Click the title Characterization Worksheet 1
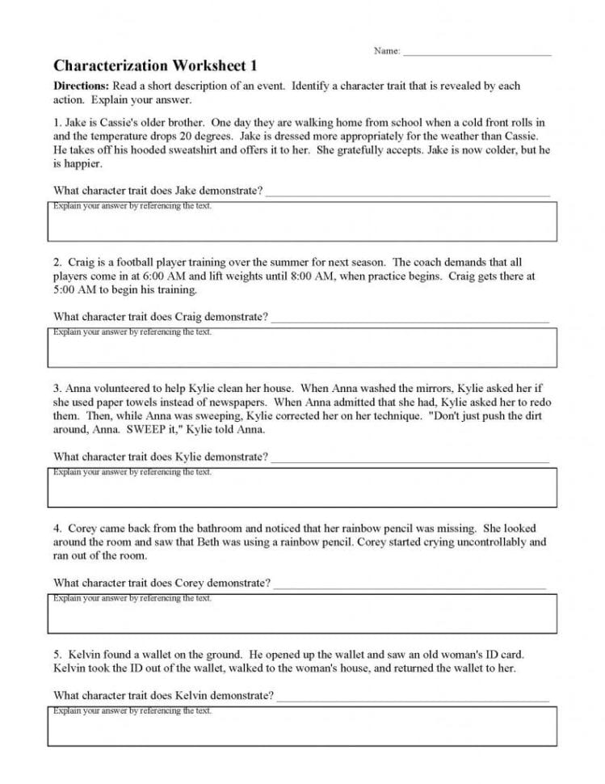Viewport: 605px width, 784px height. [x=156, y=65]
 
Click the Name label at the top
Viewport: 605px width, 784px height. [x=387, y=51]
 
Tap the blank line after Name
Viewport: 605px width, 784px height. [x=477, y=53]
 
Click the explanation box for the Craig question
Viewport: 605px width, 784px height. [x=302, y=348]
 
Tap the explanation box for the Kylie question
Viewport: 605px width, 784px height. [x=302, y=487]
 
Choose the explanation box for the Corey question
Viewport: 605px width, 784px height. [x=302, y=613]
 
